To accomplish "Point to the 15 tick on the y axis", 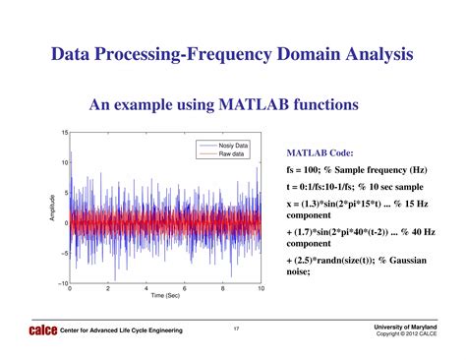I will [64, 133].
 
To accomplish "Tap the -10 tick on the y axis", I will [62, 283].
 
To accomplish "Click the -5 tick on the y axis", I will [63, 253].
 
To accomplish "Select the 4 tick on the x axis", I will [146, 289].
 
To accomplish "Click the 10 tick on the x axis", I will [262, 289].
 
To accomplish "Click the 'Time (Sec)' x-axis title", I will [165, 296].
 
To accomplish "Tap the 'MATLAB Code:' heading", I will [319, 153].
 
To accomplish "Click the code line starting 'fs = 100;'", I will [363, 170].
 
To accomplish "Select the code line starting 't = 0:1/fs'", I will [361, 187].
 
